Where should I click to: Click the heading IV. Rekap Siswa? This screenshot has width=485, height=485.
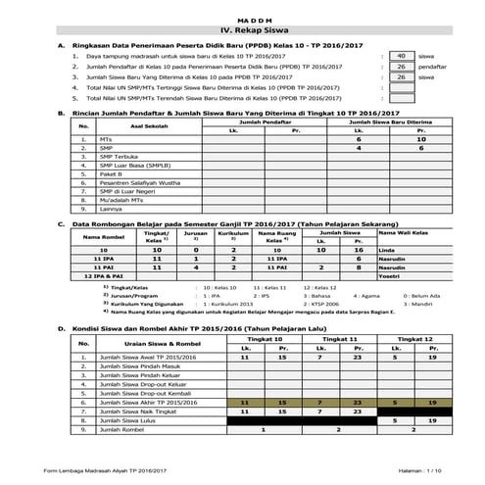point(243,30)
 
